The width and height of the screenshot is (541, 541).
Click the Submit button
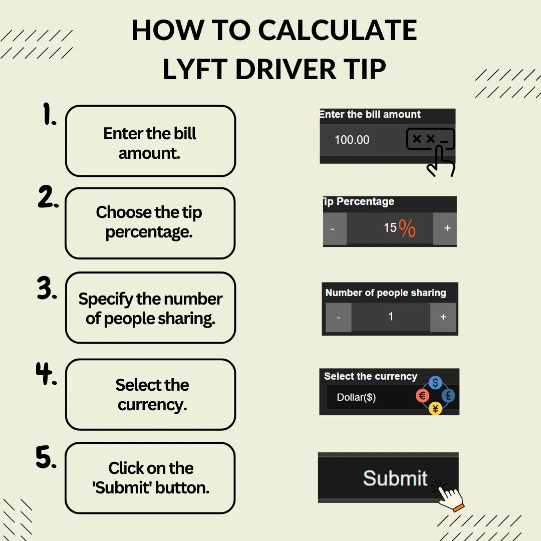[388, 477]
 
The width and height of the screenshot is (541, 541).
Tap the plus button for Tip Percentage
[445, 228]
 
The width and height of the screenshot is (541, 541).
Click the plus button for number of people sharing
[443, 317]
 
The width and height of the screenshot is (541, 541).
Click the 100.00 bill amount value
[352, 140]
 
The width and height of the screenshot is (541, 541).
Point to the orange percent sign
[407, 228]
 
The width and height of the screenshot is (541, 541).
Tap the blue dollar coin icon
[435, 382]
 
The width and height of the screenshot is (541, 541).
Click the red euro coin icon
[423, 396]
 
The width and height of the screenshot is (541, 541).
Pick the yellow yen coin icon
[435, 409]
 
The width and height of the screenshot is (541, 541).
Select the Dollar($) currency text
[357, 397]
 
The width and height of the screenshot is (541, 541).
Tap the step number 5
[46, 457]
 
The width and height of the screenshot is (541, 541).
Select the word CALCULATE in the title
[338, 30]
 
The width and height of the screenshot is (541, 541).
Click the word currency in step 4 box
[152, 405]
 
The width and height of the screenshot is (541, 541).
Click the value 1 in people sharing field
[391, 317]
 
